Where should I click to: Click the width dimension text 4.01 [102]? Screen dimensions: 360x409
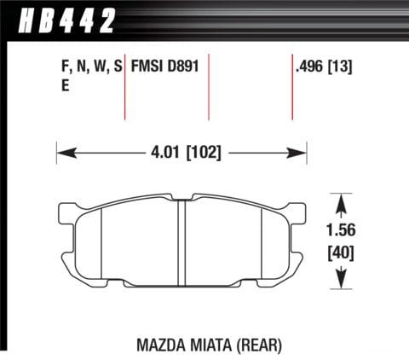[x=181, y=154]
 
